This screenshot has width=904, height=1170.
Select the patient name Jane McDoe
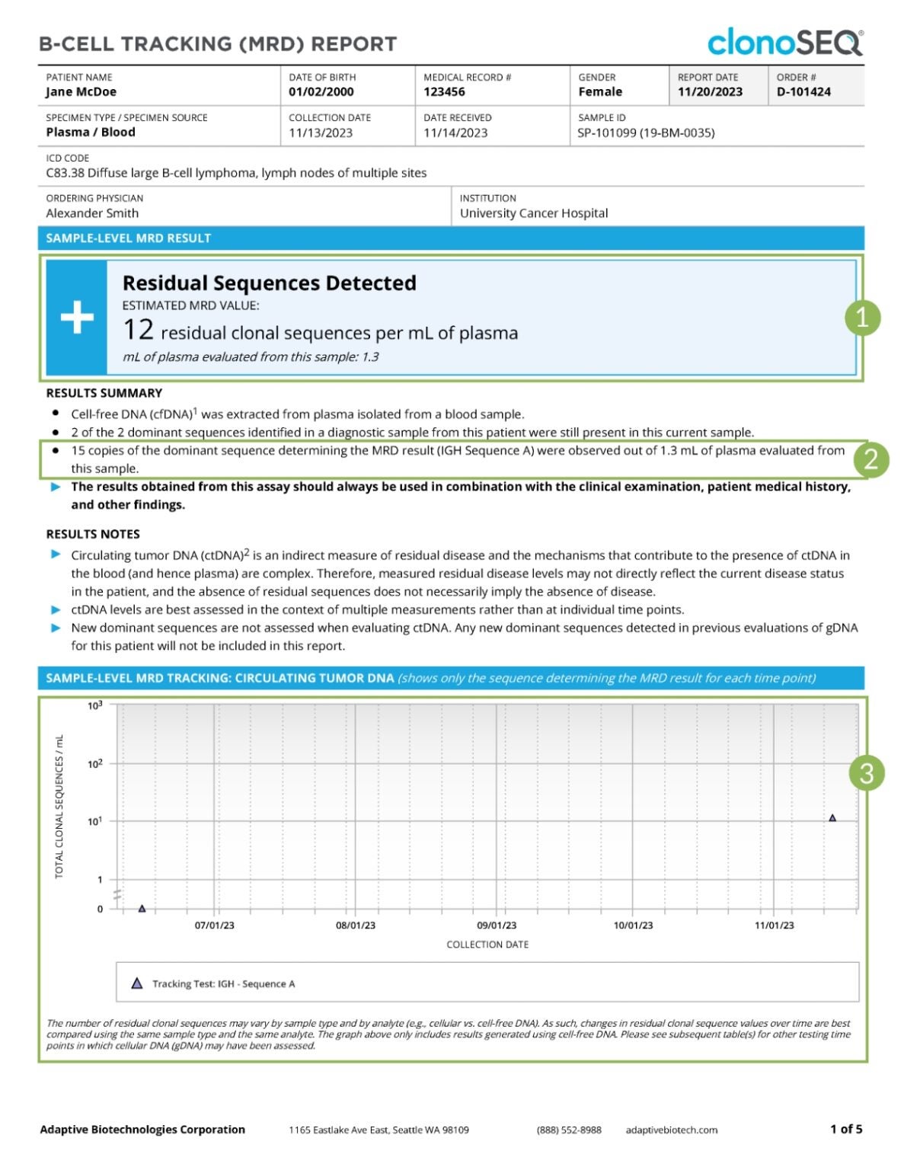pos(81,92)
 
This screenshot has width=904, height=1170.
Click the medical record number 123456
pos(444,92)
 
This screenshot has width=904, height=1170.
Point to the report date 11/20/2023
pos(710,92)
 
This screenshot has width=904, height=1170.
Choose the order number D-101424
pos(803,92)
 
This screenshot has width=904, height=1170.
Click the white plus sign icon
pos(77,317)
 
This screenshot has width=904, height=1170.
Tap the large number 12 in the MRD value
pos(138,330)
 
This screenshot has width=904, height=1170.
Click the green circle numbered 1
pos(862,317)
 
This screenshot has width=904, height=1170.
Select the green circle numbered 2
pos(871,459)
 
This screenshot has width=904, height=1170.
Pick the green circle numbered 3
pos(867,774)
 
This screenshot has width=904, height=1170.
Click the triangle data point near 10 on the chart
pos(832,818)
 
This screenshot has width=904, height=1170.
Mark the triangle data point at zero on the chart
pos(142,908)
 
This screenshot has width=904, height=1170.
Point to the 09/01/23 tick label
pos(497,925)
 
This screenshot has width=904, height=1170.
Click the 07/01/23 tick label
pos(215,925)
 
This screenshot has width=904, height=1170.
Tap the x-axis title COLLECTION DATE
pos(487,945)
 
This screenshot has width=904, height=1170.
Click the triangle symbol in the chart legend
pos(137,983)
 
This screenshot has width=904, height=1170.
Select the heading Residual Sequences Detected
pos(270,283)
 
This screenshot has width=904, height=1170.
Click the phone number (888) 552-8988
pos(569,1130)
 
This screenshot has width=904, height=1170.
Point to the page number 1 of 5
pos(846,1129)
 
